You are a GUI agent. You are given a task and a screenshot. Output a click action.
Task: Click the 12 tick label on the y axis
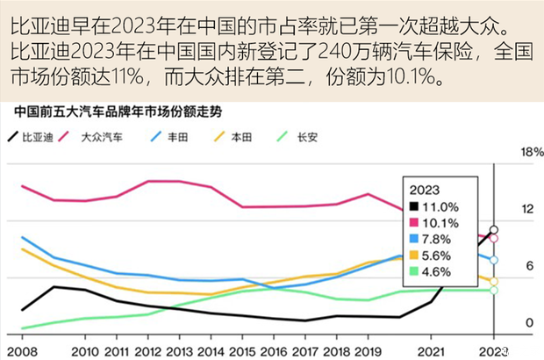527,209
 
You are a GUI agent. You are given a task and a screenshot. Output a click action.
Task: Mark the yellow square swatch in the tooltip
412,256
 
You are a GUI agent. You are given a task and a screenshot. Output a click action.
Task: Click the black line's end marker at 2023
494,230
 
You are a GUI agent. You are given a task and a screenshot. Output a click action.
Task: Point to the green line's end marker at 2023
494,290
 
